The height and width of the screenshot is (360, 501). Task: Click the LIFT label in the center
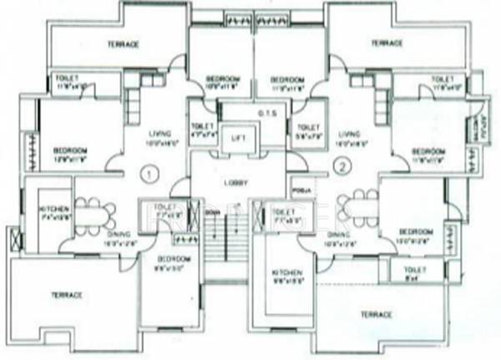click(x=239, y=135)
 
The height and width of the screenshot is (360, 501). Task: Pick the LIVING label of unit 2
click(x=349, y=132)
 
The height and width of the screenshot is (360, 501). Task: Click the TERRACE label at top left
click(x=122, y=43)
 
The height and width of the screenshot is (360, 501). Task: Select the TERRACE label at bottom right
click(x=376, y=314)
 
